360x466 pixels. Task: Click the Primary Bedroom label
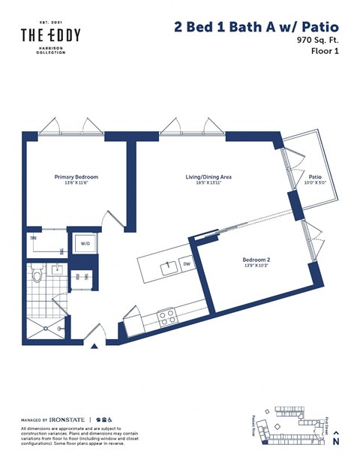click(x=76, y=177)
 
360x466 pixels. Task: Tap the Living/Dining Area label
click(x=208, y=177)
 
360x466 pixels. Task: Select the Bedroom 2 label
click(x=256, y=260)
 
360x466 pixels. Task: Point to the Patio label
click(x=314, y=177)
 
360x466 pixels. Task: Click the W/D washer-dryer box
click(x=84, y=244)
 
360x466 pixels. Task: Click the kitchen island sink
click(x=169, y=265)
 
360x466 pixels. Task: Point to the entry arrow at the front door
click(x=94, y=347)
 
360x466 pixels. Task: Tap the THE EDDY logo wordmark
click(x=49, y=36)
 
